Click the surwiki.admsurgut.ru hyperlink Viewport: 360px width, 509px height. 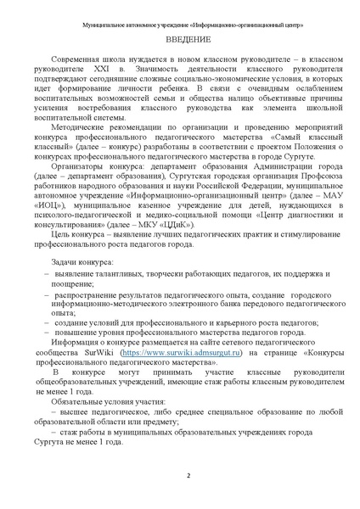(172, 375)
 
